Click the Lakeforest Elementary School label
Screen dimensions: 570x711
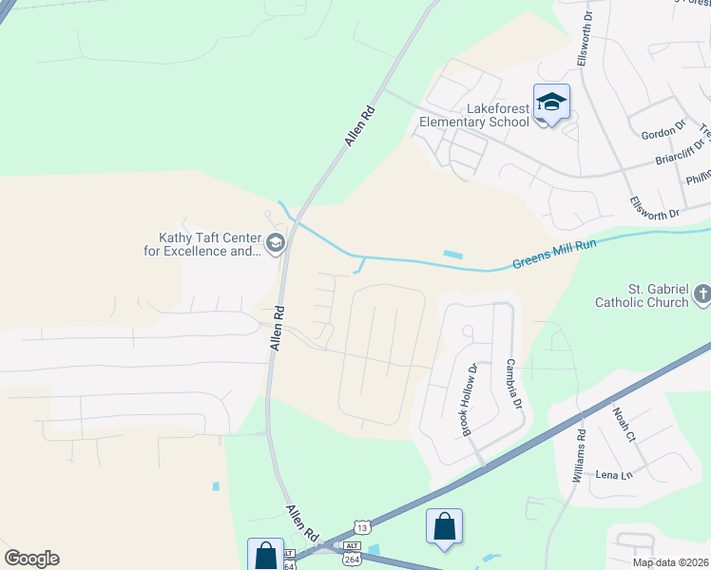[x=475, y=115]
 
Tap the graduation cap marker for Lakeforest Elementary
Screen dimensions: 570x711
[x=551, y=103]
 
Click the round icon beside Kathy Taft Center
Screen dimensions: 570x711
[x=276, y=245]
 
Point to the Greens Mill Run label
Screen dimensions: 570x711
[x=553, y=255]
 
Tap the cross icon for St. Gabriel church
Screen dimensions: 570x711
[x=701, y=294]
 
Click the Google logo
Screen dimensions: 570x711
[x=31, y=559]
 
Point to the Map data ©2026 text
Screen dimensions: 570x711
[x=670, y=562]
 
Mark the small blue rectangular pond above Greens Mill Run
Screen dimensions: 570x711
[x=452, y=254]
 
